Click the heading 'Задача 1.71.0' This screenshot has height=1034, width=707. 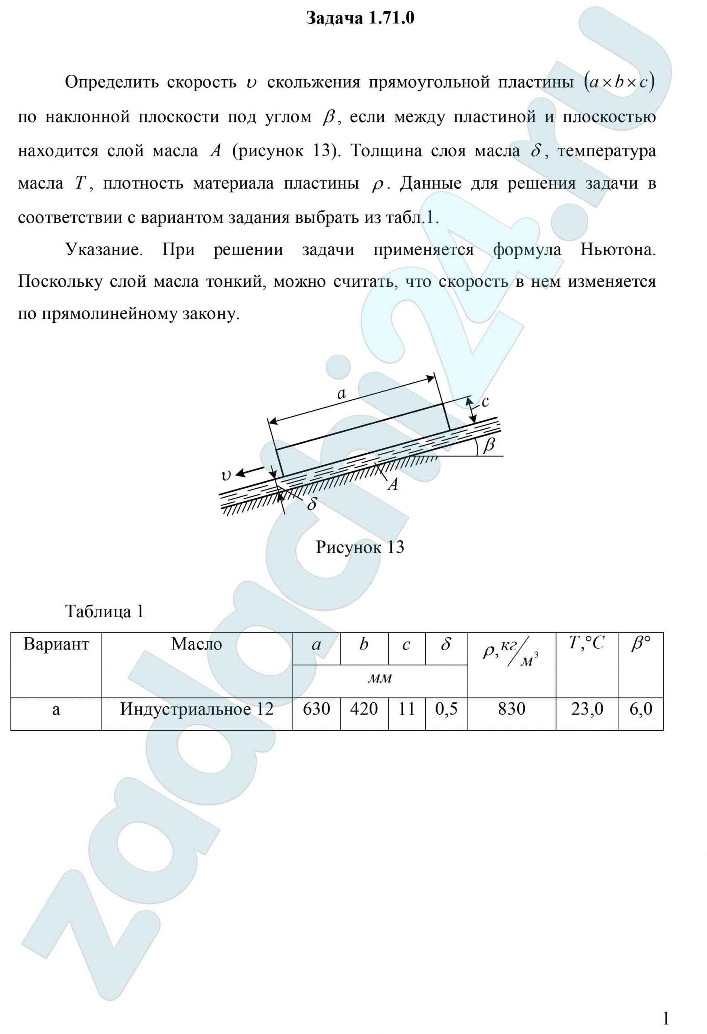(x=360, y=18)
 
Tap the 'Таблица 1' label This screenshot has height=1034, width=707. (x=105, y=612)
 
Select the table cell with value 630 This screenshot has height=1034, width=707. (x=316, y=709)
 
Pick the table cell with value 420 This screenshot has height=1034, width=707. (x=364, y=709)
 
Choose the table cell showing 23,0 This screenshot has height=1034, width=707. (x=587, y=709)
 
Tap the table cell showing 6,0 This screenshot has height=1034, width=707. (x=641, y=709)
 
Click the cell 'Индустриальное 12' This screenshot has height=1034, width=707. (x=197, y=709)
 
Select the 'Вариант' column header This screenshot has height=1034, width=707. (x=56, y=644)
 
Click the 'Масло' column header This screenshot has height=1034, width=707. (x=197, y=644)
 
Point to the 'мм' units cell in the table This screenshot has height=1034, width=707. (x=381, y=677)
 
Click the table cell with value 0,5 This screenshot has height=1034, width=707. (x=446, y=709)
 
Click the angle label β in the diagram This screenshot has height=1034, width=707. (x=489, y=444)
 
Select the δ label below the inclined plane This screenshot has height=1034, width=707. (x=311, y=504)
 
